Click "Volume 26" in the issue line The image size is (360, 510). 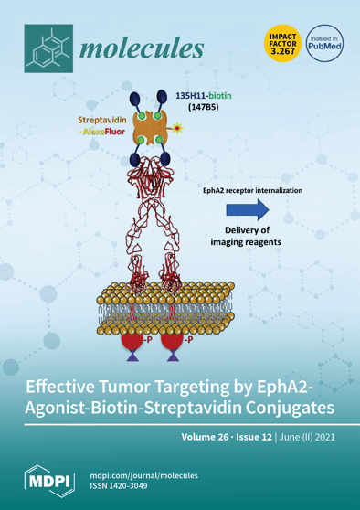click(196, 437)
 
